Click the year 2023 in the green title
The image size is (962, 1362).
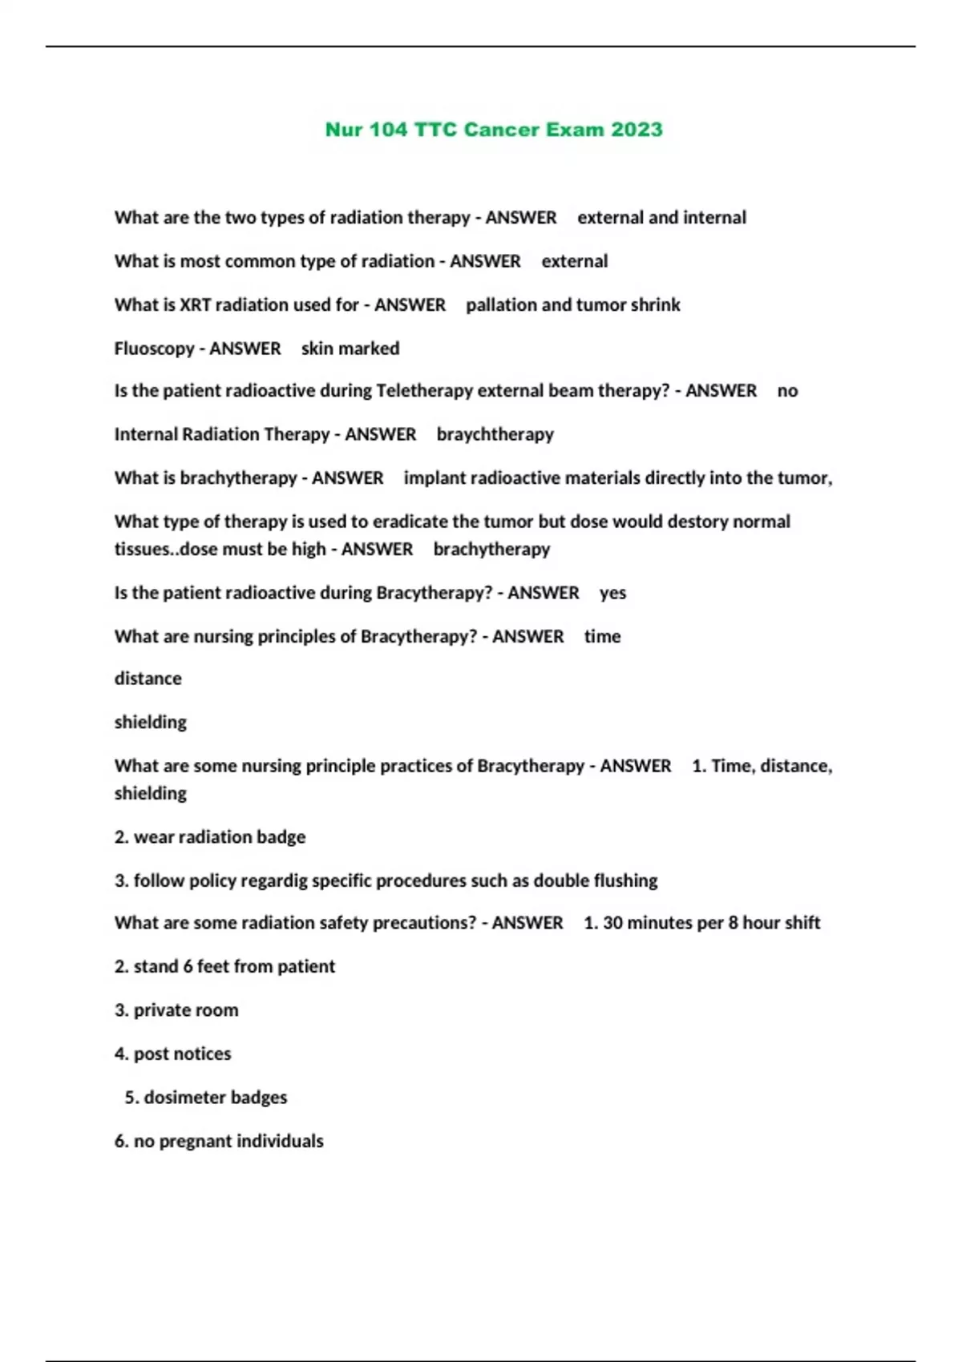click(x=637, y=130)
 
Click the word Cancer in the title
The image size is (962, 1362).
click(x=507, y=130)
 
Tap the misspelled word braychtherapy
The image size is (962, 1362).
click(x=495, y=434)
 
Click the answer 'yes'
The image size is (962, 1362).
click(x=612, y=594)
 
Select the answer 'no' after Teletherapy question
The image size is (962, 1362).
click(x=787, y=391)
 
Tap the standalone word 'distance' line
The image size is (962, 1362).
click(x=148, y=679)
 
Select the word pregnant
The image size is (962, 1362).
click(x=198, y=1141)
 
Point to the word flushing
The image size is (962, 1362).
click(x=625, y=880)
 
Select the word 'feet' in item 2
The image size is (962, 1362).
click(x=213, y=966)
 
